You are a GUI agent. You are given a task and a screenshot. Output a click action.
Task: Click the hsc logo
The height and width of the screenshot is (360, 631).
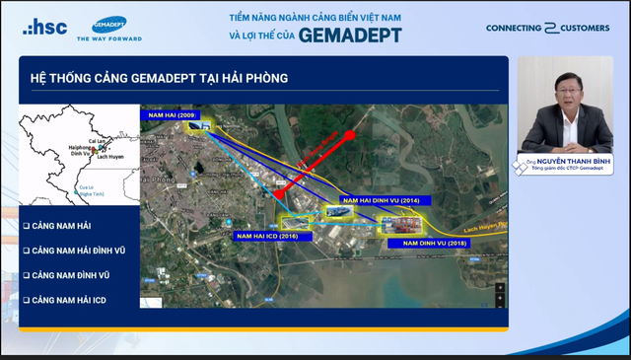(45, 27)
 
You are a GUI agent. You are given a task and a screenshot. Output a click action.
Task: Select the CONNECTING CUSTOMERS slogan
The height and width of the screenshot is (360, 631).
(547, 28)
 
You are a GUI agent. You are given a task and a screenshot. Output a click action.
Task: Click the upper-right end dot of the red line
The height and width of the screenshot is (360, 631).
(349, 133)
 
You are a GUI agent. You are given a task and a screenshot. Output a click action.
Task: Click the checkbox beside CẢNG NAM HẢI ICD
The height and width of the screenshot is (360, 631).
(27, 299)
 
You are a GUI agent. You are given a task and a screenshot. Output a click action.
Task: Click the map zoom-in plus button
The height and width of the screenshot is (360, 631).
(500, 287)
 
